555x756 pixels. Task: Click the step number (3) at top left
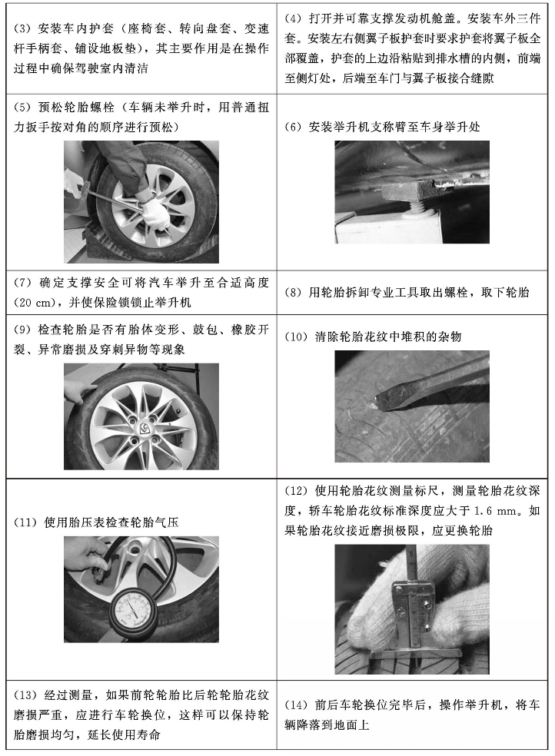22,29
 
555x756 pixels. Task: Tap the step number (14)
297,705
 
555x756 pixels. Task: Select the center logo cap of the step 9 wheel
144,426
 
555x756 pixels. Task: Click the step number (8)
293,292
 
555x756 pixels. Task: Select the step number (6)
293,127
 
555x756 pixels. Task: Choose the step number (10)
297,336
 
